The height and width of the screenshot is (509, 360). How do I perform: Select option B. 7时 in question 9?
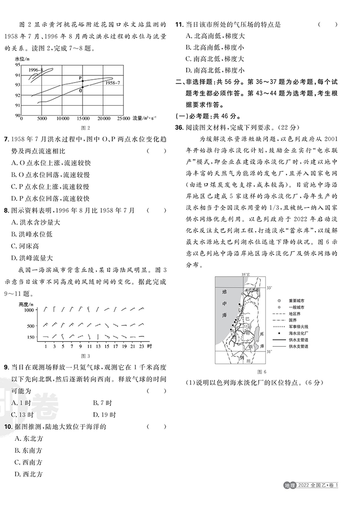103,403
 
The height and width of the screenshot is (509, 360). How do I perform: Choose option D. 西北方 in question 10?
29,474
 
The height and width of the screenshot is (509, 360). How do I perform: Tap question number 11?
179,24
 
